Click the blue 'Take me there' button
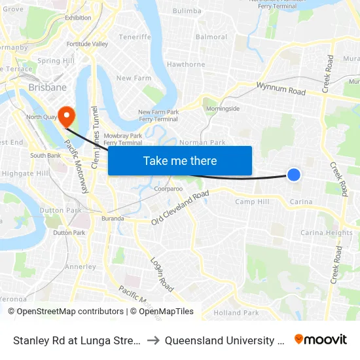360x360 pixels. click(180, 160)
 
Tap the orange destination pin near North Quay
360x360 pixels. click(67, 117)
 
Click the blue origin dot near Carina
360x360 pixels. click(294, 174)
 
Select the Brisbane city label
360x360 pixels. click(47, 87)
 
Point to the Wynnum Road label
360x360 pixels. click(281, 88)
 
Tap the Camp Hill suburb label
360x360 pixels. click(252, 202)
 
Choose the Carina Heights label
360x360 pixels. click(326, 232)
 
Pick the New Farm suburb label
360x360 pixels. click(134, 78)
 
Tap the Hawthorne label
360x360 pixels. click(186, 64)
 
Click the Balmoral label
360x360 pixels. click(211, 37)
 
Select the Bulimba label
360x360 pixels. click(187, 11)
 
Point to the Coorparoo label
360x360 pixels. click(168, 189)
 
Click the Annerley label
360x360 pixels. click(80, 266)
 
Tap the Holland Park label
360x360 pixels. click(236, 312)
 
